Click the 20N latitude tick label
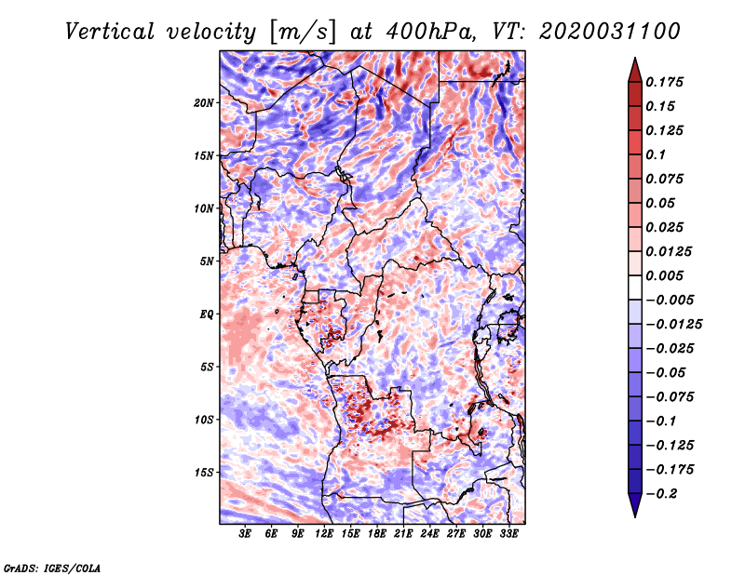pyautogui.click(x=204, y=102)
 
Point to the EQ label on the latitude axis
pyautogui.click(x=208, y=314)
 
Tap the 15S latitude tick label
pyautogui.click(x=204, y=472)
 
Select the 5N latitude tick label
pyautogui.click(x=207, y=261)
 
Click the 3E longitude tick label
pyautogui.click(x=245, y=534)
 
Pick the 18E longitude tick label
pyautogui.click(x=377, y=534)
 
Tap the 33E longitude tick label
pyautogui.click(x=508, y=534)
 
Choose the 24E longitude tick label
pyautogui.click(x=429, y=534)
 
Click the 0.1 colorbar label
pyautogui.click(x=657, y=154)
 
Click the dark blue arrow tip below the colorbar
pyautogui.click(x=633, y=510)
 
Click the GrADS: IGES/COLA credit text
pyautogui.click(x=52, y=567)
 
